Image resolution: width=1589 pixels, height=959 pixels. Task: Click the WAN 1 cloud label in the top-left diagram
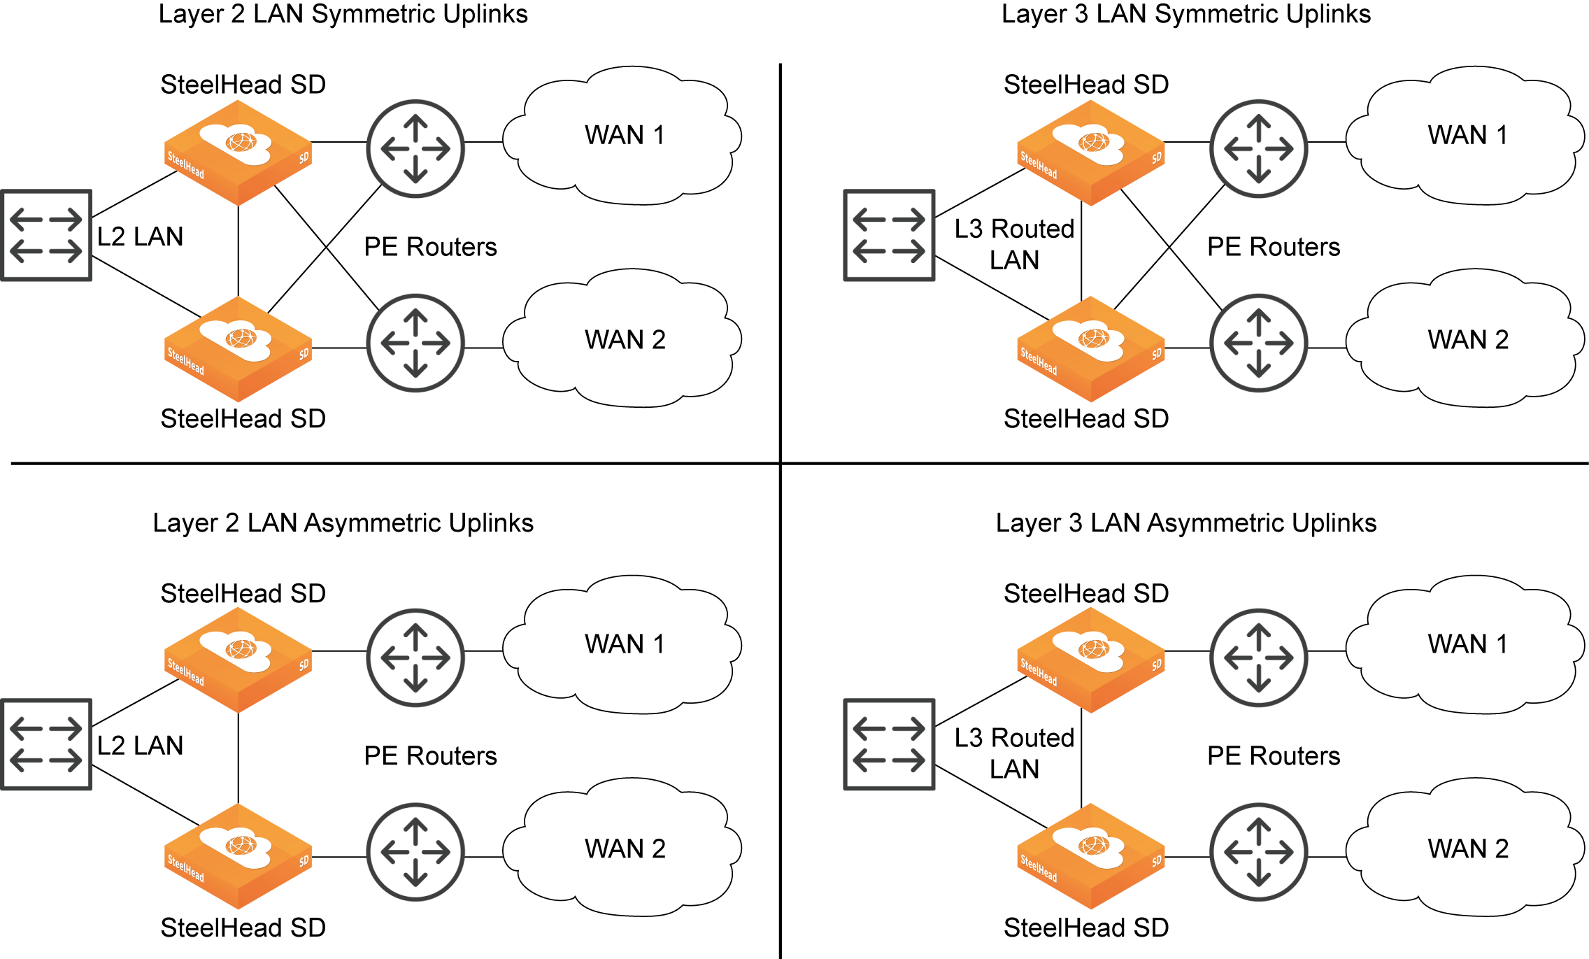[x=625, y=134]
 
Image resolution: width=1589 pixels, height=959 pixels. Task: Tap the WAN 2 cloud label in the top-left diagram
[x=625, y=339]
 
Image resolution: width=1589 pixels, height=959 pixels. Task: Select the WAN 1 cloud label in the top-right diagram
[x=1467, y=134]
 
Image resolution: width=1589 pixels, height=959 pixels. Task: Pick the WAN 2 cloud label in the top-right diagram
[x=1467, y=339]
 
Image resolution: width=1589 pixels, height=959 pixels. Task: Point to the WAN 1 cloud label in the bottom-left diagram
[x=625, y=644]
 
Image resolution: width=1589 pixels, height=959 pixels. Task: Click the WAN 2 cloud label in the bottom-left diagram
[x=625, y=848]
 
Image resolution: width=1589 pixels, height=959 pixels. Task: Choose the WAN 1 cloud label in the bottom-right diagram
[x=1467, y=644]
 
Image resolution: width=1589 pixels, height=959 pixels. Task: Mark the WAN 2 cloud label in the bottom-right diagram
[x=1467, y=848]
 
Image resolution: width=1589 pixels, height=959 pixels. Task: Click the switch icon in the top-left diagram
[x=46, y=235]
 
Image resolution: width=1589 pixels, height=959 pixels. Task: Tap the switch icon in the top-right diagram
[x=889, y=235]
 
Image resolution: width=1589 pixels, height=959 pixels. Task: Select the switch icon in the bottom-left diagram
[x=46, y=744]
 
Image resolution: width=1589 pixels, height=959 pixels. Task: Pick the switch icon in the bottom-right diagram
[x=889, y=744]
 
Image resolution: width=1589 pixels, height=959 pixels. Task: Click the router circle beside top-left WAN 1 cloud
[x=415, y=148]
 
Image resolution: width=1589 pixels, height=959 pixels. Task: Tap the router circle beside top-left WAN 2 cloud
[x=415, y=343]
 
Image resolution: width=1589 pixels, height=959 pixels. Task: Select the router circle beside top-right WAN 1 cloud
[x=1258, y=148]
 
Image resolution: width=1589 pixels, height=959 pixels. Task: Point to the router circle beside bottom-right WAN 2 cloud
[x=1258, y=852]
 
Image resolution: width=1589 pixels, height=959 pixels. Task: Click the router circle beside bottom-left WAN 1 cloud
[x=415, y=658]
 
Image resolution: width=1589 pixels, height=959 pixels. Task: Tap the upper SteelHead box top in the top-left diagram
[x=238, y=143]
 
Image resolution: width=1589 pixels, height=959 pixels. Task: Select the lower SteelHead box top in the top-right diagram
[x=1090, y=339]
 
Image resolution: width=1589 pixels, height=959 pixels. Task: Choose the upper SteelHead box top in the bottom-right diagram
[x=1090, y=651]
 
